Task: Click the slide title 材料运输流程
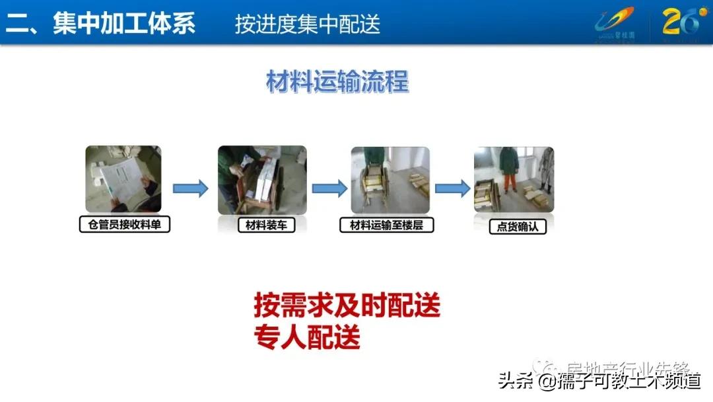click(x=337, y=83)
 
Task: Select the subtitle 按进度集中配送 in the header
click(x=308, y=24)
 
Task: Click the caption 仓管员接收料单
click(x=124, y=225)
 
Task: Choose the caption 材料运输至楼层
click(x=391, y=225)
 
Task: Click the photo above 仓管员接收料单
click(x=123, y=179)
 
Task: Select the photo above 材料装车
click(x=262, y=179)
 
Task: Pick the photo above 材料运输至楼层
click(x=390, y=179)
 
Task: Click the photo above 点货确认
click(x=514, y=179)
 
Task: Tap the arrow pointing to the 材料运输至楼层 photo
click(x=329, y=189)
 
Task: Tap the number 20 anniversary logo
click(x=681, y=22)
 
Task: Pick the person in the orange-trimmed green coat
click(x=508, y=169)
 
